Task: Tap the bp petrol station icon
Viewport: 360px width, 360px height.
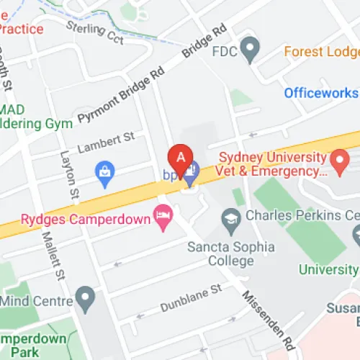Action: coord(190,174)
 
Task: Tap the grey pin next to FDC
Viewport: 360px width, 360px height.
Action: coord(251,50)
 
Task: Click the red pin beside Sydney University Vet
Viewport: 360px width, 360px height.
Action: coord(338,164)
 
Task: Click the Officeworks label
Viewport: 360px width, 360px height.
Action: coord(320,93)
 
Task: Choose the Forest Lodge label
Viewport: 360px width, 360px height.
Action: coord(321,52)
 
